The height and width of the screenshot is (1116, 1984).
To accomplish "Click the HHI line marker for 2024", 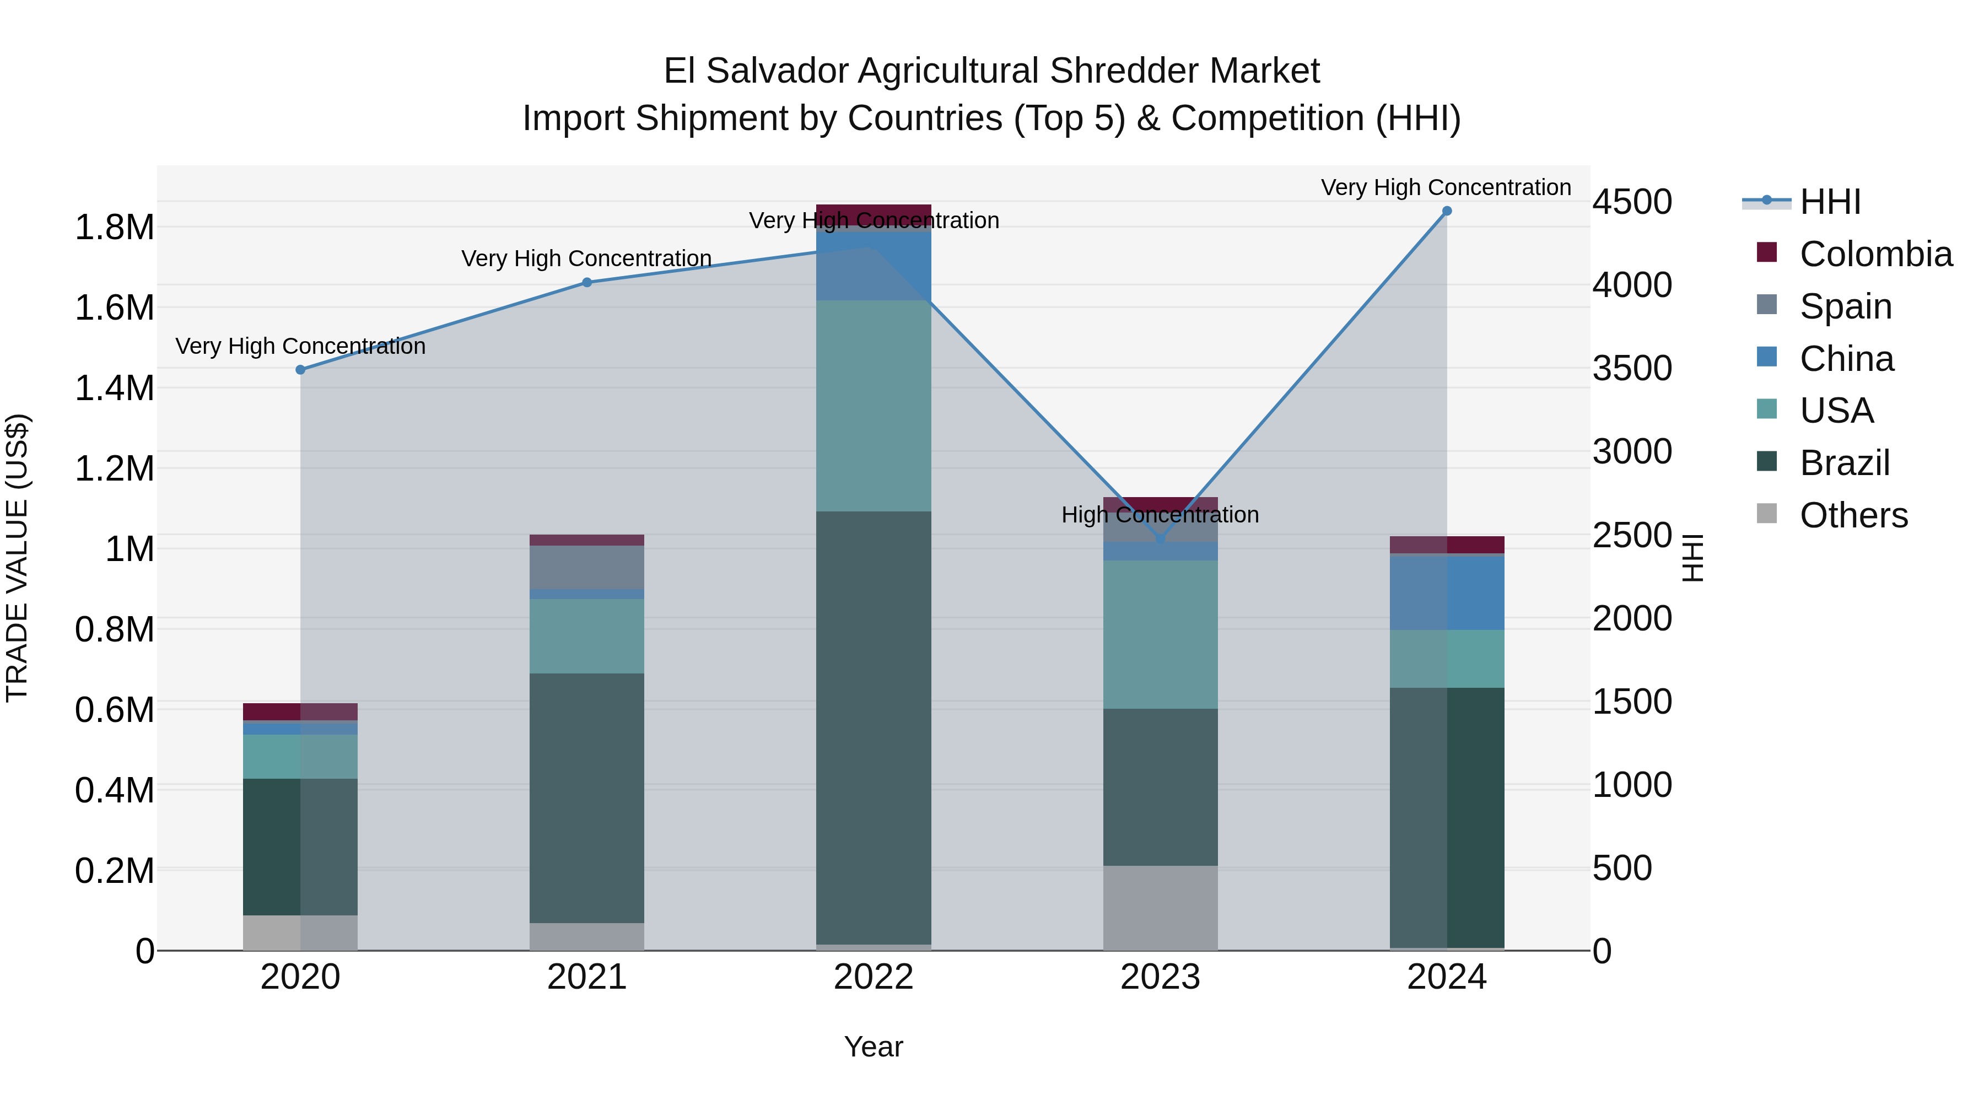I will point(1447,211).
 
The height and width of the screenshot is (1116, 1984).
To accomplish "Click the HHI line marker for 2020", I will point(300,370).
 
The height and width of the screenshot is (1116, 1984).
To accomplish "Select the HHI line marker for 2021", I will point(587,283).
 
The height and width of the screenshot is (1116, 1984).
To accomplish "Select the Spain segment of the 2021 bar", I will point(587,568).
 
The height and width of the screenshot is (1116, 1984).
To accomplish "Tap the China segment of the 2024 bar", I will point(1447,592).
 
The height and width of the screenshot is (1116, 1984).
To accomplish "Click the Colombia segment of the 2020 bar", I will point(300,711).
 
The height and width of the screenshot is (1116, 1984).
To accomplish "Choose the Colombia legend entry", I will point(1875,254).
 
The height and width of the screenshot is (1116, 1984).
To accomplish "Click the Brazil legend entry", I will point(1844,463).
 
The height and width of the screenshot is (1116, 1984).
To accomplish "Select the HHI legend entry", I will point(1829,202).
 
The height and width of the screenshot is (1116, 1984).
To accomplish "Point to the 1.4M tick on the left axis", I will point(114,388).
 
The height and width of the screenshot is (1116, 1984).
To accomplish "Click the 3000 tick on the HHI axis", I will point(1632,451).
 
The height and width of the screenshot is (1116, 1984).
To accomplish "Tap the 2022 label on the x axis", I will point(874,977).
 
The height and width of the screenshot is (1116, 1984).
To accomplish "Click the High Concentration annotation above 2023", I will point(1160,515).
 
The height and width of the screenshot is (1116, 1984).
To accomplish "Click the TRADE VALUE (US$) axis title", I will point(17,558).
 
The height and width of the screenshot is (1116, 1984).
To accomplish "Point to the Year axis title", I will point(874,1047).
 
